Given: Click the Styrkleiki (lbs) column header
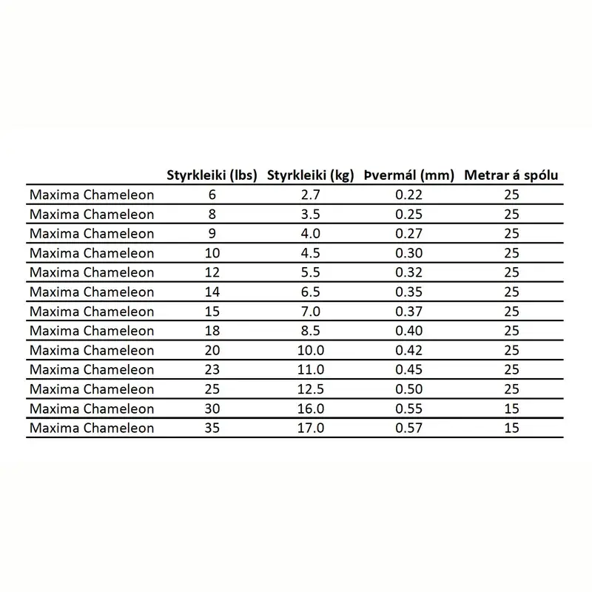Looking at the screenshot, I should click(x=212, y=175).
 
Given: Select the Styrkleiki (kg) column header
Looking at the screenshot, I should click(x=310, y=175).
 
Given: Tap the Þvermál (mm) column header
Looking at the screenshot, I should click(x=410, y=175).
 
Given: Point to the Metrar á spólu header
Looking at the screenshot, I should click(x=511, y=175).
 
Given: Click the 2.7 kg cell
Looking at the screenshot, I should click(x=310, y=195).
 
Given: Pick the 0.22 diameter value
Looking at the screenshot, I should click(x=410, y=195).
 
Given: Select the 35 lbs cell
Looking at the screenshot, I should click(x=212, y=428).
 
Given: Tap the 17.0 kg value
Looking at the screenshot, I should click(x=310, y=428).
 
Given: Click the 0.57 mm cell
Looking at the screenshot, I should click(x=410, y=428).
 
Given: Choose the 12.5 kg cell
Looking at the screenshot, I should click(x=310, y=388).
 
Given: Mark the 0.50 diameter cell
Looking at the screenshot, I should click(x=410, y=388).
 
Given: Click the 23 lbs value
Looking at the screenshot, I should click(x=212, y=369).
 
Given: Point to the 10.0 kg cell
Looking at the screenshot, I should click(x=310, y=350).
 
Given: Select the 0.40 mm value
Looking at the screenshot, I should click(x=410, y=331).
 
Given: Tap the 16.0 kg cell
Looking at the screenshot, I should click(x=310, y=408).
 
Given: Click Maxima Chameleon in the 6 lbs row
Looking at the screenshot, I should click(x=92, y=195).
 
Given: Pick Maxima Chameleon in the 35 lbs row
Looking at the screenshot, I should click(x=92, y=428).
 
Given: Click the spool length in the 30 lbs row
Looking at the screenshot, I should click(x=511, y=408).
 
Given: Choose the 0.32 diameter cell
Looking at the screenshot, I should click(x=410, y=272).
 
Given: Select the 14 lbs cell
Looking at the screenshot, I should click(x=212, y=292).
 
